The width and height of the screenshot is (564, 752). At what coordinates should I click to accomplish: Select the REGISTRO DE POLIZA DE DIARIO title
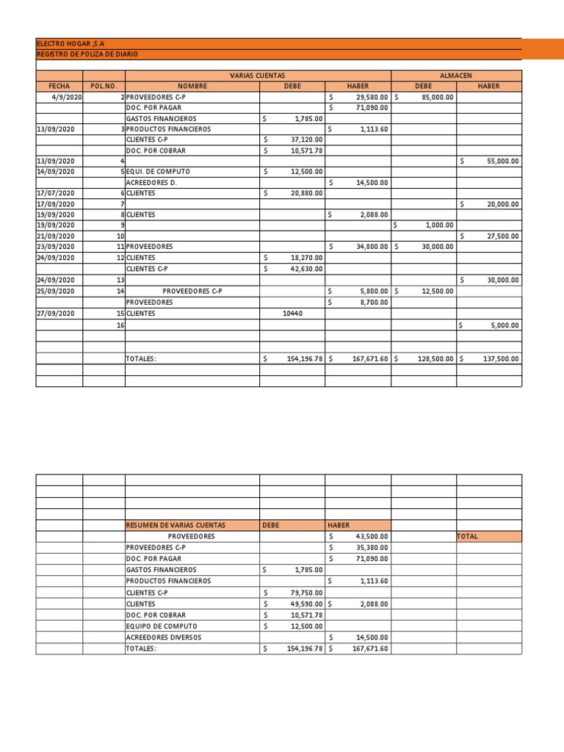87,54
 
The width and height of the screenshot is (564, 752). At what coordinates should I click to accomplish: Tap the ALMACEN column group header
455,76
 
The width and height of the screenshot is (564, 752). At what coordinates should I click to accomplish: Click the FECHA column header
59,86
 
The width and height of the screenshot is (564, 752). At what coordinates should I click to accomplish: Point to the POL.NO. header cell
104,86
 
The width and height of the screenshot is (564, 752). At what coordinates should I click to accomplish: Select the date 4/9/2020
67,97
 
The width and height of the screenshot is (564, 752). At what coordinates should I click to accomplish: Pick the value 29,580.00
372,97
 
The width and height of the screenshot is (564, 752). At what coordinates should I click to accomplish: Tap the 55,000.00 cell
503,160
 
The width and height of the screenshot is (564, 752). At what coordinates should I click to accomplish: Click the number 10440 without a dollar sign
292,314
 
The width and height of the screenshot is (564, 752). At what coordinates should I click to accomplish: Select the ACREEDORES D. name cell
152,182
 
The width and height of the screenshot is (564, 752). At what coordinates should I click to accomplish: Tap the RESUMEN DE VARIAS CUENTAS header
176,526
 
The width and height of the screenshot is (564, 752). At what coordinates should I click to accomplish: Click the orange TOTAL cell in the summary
467,537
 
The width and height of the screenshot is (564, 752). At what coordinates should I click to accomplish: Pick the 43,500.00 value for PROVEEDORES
372,537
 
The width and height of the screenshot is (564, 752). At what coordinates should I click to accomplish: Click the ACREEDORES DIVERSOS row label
163,637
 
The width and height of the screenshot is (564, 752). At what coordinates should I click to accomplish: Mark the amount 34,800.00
372,247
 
